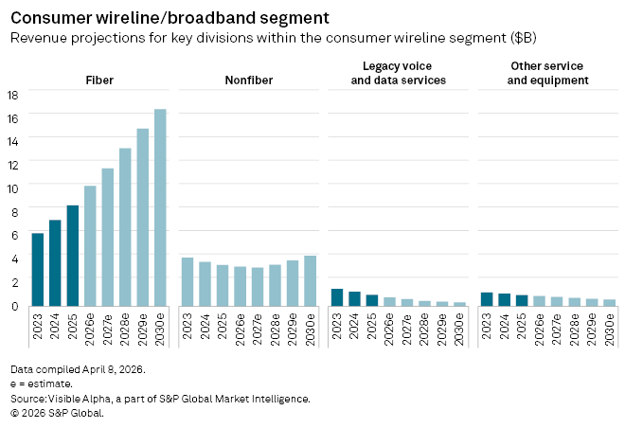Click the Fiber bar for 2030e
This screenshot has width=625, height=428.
click(160, 207)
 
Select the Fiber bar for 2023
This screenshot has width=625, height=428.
click(38, 269)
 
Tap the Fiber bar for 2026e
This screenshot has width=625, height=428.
click(90, 245)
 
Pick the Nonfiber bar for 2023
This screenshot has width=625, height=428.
click(187, 281)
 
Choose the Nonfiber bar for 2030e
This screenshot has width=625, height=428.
click(310, 280)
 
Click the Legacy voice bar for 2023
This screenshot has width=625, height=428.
click(337, 297)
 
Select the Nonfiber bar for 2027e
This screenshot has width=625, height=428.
click(258, 286)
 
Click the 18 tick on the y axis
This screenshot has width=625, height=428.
click(13, 95)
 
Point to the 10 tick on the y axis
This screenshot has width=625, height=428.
click(13, 187)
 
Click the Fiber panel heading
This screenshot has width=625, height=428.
click(98, 80)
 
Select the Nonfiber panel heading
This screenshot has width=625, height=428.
click(248, 80)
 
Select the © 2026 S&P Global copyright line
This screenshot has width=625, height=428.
click(57, 413)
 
